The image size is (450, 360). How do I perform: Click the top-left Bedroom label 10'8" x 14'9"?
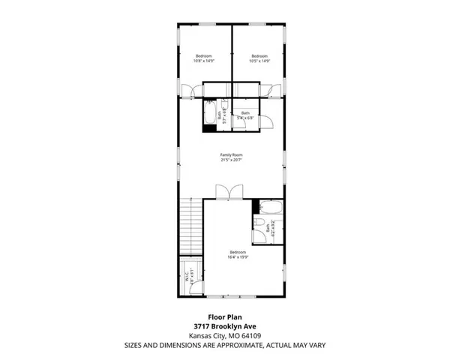(x=204, y=58)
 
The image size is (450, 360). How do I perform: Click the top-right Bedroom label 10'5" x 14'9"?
(x=259, y=58)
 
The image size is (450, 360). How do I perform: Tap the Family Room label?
(x=231, y=157)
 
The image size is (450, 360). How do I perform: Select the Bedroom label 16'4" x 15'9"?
(x=238, y=254)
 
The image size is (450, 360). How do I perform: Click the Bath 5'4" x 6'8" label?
(x=245, y=115)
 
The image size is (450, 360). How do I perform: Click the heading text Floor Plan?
(x=224, y=317)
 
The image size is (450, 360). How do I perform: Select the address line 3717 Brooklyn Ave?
(x=224, y=326)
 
